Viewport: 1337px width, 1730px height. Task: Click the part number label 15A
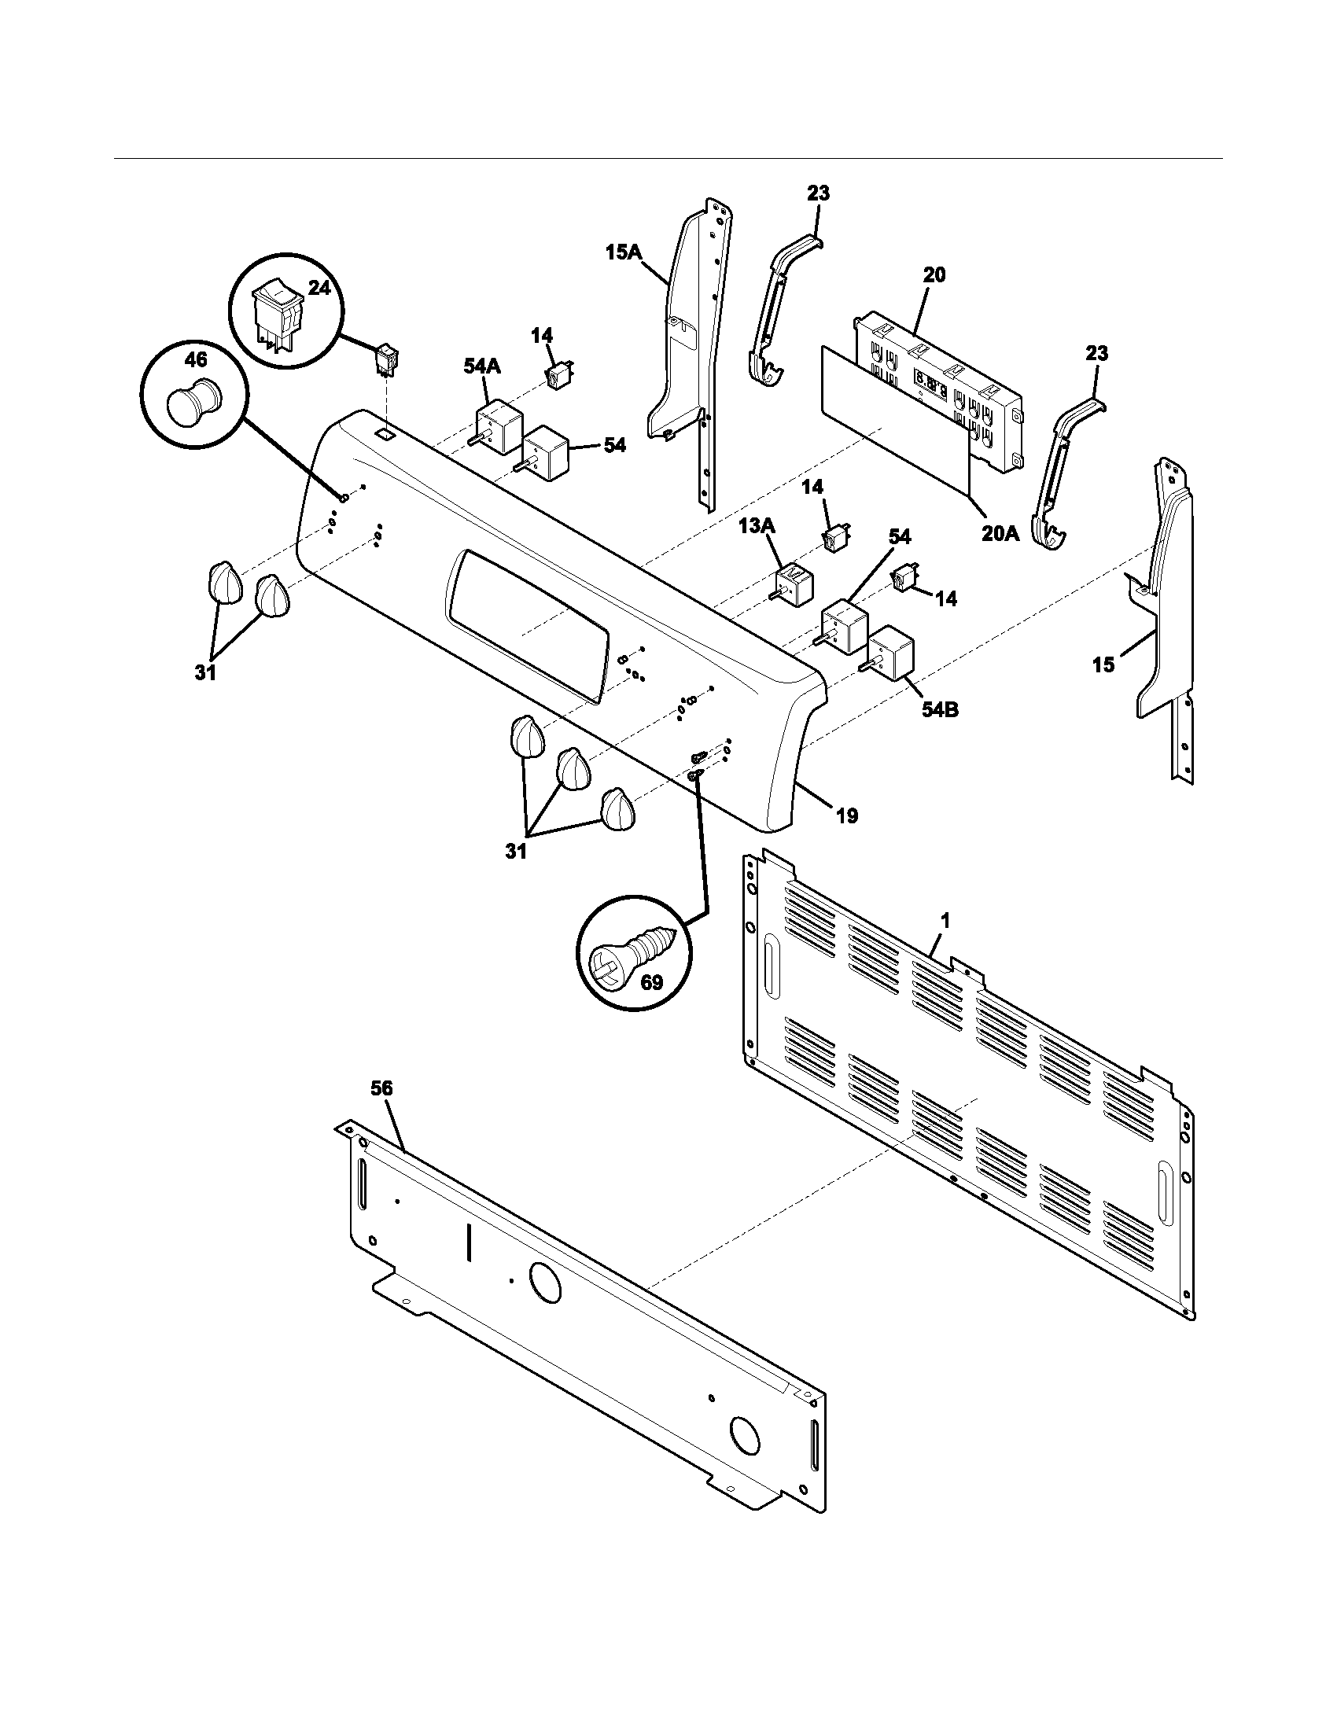623,252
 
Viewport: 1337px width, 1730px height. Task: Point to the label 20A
1000,533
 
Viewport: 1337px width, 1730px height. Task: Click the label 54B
939,710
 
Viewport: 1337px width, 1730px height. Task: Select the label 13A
757,526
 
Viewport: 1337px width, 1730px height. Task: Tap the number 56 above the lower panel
381,1088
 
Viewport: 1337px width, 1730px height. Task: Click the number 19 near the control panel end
847,815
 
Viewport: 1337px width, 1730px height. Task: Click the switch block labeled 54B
892,652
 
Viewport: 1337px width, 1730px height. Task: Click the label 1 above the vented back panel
945,921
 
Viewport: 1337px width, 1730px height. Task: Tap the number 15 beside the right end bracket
1103,664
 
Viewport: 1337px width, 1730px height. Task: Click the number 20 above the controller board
934,275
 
